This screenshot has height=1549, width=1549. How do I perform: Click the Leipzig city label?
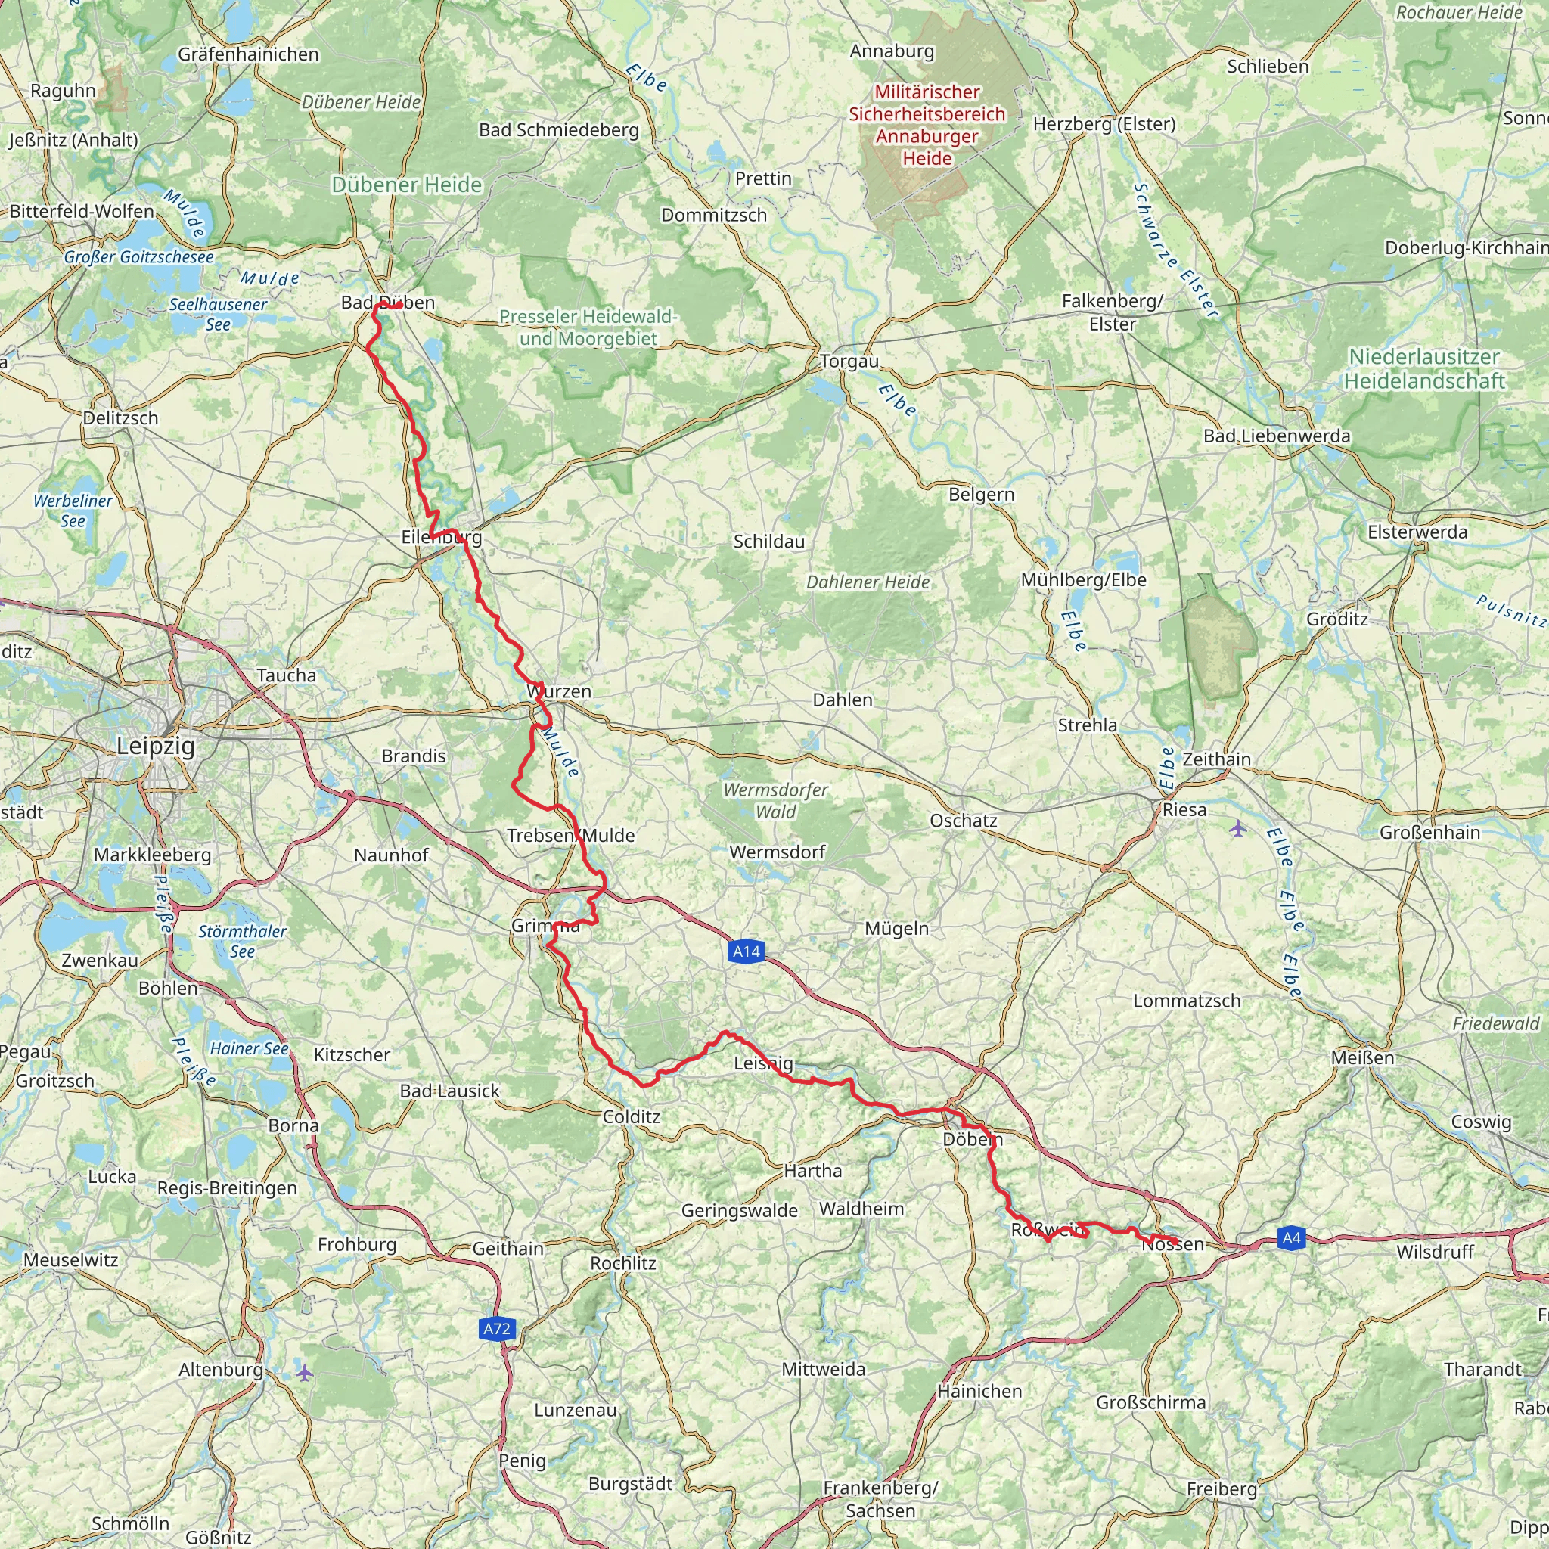(x=156, y=747)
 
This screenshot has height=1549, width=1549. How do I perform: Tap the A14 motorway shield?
(x=746, y=951)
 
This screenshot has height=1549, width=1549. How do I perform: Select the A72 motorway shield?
(x=496, y=1330)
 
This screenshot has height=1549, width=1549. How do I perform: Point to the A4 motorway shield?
(x=1291, y=1239)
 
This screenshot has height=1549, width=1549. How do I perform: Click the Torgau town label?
(x=849, y=362)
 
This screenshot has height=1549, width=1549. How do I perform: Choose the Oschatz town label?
(x=964, y=821)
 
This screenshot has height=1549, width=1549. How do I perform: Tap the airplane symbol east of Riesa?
(x=1238, y=827)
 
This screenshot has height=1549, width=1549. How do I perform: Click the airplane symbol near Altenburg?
(x=304, y=1373)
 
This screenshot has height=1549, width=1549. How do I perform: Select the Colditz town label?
(x=631, y=1117)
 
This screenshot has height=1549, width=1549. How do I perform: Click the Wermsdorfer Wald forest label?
(x=775, y=801)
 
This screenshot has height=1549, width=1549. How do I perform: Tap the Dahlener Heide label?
(x=868, y=582)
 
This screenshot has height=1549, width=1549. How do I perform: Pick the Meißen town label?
(x=1362, y=1058)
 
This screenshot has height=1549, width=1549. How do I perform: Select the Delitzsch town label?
(x=121, y=418)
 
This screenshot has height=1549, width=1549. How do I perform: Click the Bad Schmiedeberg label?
(x=559, y=130)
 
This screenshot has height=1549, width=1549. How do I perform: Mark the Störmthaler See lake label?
(x=242, y=941)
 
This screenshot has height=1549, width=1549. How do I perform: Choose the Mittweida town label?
(x=824, y=1370)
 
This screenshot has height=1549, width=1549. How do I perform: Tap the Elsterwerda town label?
(x=1417, y=532)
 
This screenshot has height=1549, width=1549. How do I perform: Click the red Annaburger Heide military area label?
(x=927, y=125)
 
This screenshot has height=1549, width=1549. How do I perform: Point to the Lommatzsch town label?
(x=1187, y=1001)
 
